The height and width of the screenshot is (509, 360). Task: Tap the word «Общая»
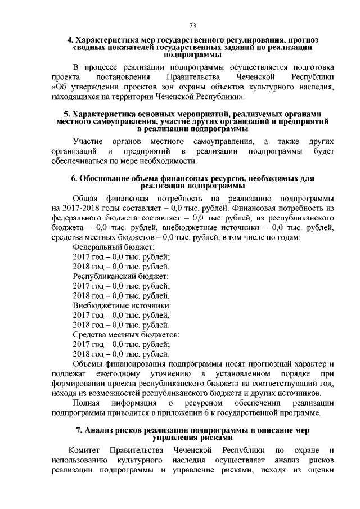coord(87,199)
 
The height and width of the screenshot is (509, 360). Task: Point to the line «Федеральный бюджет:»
coord(114,247)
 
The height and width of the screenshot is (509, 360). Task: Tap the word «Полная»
coord(87,403)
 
